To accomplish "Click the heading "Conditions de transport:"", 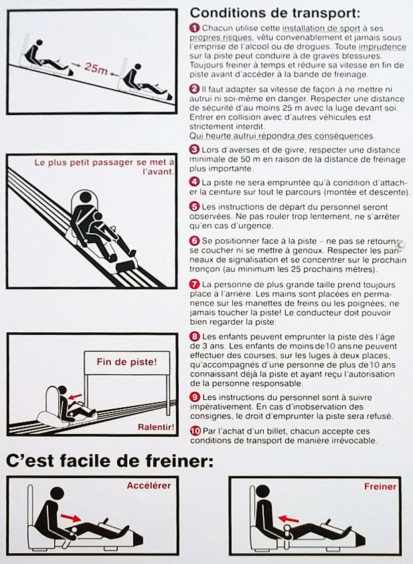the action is coord(274,13).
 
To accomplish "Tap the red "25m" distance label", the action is coord(96,68).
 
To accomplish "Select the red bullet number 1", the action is coord(194,27).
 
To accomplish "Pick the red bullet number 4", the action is coord(194,182).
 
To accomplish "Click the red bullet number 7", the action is coord(194,284).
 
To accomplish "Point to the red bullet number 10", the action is coord(195,431).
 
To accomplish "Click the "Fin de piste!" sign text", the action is coord(127,362).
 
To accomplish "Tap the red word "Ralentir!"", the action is coord(156,427).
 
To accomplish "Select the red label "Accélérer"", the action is coord(149,485).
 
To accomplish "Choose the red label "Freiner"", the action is coord(380,486).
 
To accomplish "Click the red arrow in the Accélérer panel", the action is coord(71,517).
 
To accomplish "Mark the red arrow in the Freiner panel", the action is coord(288,518).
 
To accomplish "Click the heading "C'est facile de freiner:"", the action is coord(110,461).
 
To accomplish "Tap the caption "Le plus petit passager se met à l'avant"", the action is coord(104,167).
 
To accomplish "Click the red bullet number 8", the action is coord(194,337).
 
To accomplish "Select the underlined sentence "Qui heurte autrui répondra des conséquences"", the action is coord(282,136).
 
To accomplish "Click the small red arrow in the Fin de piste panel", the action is coord(75,397).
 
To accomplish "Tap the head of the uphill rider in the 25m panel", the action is coord(38,42).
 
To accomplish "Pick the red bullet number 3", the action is coord(194,149).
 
